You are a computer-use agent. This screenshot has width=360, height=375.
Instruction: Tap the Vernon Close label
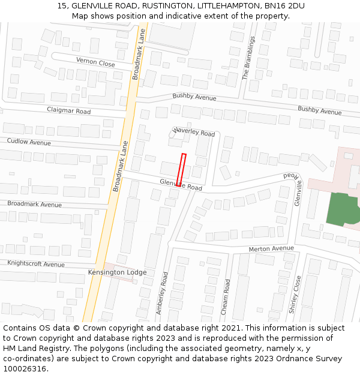(x=95, y=62)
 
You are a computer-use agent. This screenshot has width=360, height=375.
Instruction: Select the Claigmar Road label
(x=69, y=111)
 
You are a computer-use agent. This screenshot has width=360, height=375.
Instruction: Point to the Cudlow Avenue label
(x=29, y=142)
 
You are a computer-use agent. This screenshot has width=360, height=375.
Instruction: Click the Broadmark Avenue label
(x=34, y=205)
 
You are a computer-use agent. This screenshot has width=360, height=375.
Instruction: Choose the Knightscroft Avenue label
(x=36, y=264)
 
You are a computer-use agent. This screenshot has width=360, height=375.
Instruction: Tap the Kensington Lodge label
(x=117, y=272)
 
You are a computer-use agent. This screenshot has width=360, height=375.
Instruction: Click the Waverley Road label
(x=194, y=132)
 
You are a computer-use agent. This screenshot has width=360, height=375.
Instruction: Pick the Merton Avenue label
(x=272, y=248)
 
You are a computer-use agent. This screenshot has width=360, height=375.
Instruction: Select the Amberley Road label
(x=162, y=293)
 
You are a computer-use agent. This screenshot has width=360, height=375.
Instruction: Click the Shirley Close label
(x=294, y=295)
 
